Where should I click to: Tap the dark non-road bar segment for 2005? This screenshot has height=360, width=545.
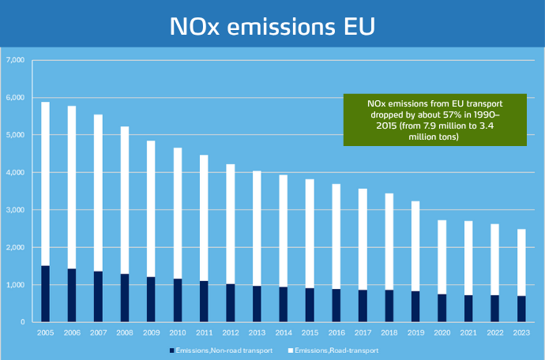45,294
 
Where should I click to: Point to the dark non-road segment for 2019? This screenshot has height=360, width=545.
415,306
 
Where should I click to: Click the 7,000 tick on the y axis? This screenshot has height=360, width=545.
15,60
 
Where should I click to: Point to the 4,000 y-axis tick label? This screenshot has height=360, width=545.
15,172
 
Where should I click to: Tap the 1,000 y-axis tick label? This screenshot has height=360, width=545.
15,285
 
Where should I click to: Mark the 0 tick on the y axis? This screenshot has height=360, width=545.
22,322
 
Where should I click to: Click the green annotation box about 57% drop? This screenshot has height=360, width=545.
435,121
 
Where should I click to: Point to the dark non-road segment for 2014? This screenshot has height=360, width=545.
284,304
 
